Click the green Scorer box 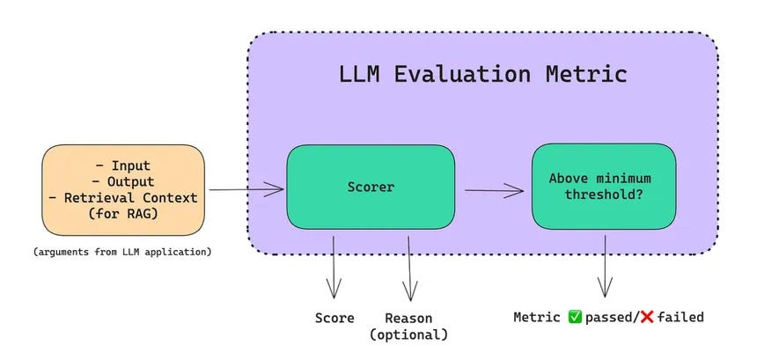click(371, 187)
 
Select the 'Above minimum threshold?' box click(603, 187)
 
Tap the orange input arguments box click(123, 189)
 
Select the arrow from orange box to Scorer click(246, 188)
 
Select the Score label click(334, 318)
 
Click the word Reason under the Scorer click(408, 318)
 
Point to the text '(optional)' click(408, 334)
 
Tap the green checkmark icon click(576, 317)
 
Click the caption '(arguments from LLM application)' click(122, 253)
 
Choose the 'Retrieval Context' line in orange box click(123, 197)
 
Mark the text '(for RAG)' click(123, 213)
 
